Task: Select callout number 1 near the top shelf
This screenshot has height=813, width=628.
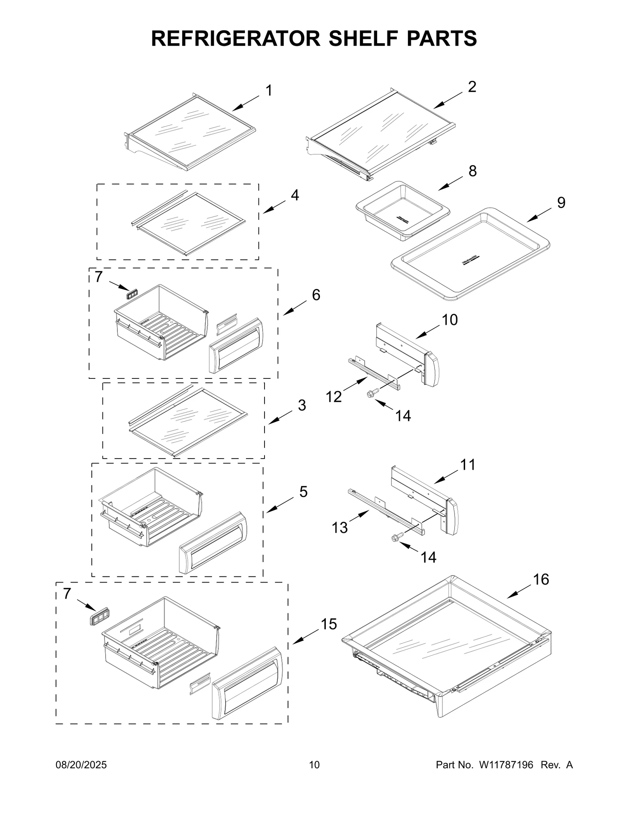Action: [269, 91]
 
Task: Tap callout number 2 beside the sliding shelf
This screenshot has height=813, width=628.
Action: [472, 87]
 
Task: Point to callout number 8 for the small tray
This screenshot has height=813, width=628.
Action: [473, 171]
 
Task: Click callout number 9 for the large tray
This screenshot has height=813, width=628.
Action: [561, 203]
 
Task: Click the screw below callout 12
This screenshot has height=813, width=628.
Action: [372, 393]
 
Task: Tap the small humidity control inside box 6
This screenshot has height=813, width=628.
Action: [132, 294]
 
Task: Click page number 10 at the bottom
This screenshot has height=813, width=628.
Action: [314, 765]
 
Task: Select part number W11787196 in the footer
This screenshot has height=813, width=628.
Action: [506, 765]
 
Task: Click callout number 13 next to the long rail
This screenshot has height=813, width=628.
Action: [340, 528]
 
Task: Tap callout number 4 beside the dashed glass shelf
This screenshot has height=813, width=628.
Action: [294, 195]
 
